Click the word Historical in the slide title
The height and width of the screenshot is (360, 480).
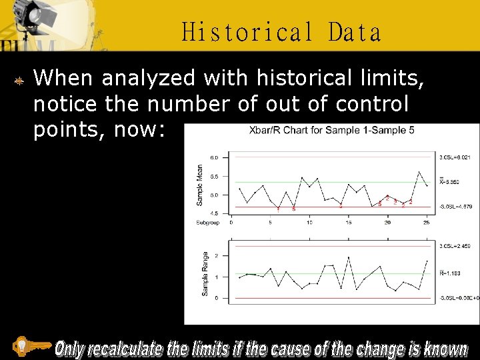[247, 32]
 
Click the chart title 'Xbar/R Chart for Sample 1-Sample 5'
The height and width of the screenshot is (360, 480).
[331, 130]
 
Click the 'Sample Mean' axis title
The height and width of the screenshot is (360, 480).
[200, 185]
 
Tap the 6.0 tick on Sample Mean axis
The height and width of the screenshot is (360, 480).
[215, 157]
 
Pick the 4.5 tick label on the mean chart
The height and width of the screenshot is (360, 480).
[215, 213]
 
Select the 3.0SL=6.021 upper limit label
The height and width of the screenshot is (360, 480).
[455, 157]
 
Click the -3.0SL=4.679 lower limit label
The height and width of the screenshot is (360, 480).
[455, 207]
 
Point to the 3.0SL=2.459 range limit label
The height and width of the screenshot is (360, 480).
[455, 247]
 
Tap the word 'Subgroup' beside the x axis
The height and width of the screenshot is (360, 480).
[207, 223]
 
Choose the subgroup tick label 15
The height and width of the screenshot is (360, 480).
[348, 223]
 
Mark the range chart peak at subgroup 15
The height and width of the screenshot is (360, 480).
[348, 257]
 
